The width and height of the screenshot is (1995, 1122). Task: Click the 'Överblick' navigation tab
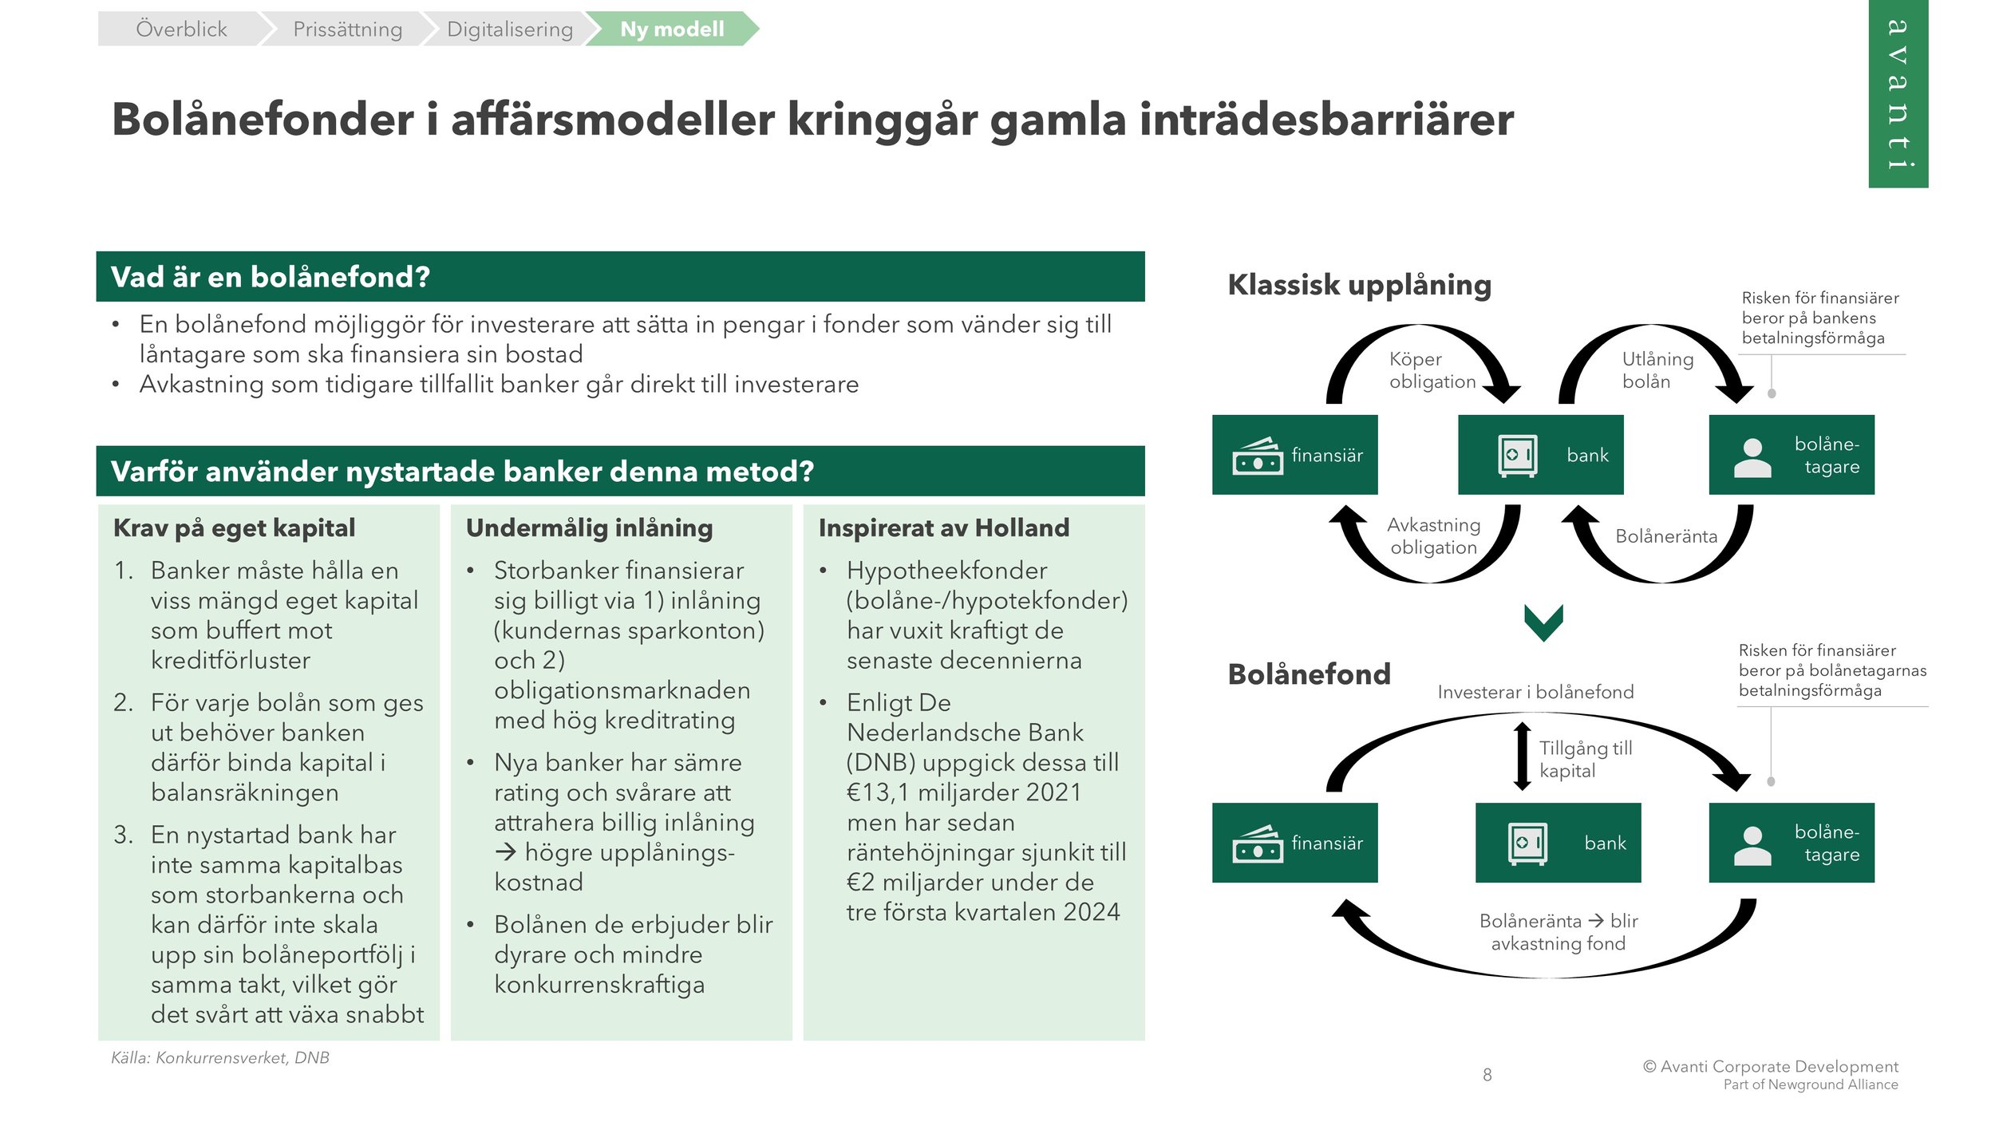[x=181, y=30]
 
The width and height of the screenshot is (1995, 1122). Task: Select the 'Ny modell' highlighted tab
[x=671, y=30]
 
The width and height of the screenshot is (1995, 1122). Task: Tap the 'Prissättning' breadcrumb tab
[x=347, y=30]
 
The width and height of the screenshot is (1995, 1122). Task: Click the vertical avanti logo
[x=1897, y=93]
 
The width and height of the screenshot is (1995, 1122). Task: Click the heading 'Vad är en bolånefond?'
[x=271, y=277]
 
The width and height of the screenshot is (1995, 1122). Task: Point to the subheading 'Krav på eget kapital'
[x=234, y=527]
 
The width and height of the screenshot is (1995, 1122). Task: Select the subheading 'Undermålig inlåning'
[x=589, y=527]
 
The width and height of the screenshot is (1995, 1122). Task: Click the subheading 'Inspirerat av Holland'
[x=943, y=527]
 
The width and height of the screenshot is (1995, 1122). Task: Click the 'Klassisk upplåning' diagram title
[x=1359, y=285]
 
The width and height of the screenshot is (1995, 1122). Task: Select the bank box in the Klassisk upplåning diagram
[x=1539, y=455]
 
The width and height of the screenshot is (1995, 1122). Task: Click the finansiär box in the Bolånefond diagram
[x=1294, y=843]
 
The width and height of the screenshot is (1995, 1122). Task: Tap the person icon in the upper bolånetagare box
[x=1752, y=458]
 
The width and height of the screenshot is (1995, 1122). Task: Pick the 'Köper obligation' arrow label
[x=1432, y=370]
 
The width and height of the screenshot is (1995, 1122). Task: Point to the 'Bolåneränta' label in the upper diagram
[x=1665, y=536]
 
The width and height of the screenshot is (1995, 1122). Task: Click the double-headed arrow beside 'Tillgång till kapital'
[x=1522, y=757]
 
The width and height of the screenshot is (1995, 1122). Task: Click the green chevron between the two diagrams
[x=1543, y=622]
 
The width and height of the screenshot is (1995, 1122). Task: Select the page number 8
[x=1487, y=1075]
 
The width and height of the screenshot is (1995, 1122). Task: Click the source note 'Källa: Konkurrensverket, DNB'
[x=220, y=1057]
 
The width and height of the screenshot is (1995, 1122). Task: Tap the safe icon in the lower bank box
[x=1527, y=843]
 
